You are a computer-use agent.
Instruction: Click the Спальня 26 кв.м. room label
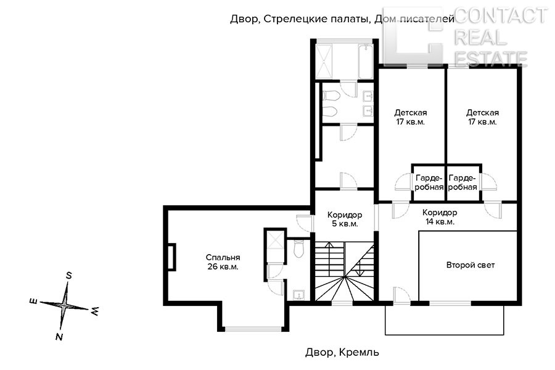point(223,262)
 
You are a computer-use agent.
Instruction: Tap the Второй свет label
point(471,265)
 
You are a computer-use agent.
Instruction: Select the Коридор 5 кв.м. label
point(345,219)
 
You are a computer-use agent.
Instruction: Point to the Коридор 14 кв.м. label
point(440,217)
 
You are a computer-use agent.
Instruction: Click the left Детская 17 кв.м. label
point(411,117)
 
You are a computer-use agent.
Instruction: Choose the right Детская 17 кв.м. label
point(482,117)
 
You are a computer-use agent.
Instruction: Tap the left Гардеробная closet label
point(429,183)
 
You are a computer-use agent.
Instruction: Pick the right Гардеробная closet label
point(462,183)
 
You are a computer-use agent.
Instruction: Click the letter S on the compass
point(69,276)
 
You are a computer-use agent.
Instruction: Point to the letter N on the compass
point(59,336)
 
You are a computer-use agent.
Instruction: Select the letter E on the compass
point(34,302)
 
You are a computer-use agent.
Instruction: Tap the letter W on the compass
point(95,311)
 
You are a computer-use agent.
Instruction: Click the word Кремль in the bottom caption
point(359,352)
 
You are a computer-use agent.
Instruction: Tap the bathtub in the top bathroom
point(365,61)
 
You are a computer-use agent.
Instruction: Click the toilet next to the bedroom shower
point(298,249)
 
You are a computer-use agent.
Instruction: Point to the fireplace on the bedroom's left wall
point(171,257)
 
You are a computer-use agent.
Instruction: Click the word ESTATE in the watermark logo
point(491,59)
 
